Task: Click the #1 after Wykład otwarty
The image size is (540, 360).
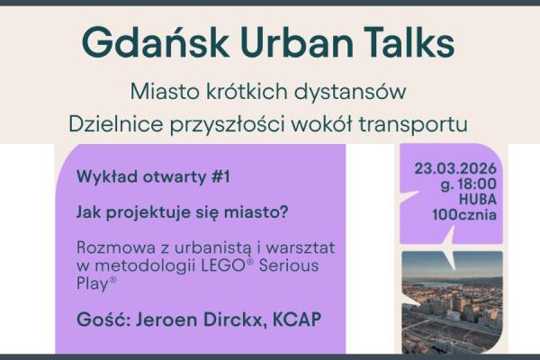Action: coord(220,177)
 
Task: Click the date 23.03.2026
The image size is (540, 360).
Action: coord(456,168)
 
